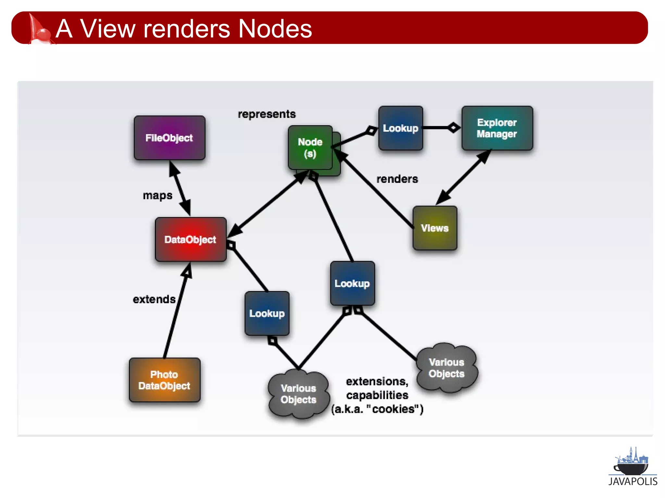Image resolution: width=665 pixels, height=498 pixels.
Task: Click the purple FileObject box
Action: (x=169, y=138)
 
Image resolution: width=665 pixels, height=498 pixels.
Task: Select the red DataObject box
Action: (x=191, y=239)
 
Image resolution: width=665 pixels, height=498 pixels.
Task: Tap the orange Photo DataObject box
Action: (x=164, y=380)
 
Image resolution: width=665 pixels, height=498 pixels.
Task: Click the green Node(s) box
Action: (x=310, y=148)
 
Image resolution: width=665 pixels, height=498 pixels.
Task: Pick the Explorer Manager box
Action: (x=497, y=128)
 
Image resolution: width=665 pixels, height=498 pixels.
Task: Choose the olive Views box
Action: (x=435, y=228)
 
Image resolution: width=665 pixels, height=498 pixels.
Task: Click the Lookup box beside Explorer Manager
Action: (x=401, y=128)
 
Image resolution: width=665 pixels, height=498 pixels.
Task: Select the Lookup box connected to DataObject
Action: (x=267, y=313)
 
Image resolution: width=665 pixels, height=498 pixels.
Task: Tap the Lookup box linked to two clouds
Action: (x=352, y=283)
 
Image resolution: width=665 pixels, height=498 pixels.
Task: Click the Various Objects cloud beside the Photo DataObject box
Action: (x=298, y=394)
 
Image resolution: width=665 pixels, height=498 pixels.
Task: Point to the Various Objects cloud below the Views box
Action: (x=446, y=368)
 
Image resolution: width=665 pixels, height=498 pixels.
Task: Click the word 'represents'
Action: (x=267, y=114)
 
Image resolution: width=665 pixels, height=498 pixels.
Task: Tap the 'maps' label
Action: (x=157, y=196)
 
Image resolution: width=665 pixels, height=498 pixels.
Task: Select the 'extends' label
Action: (x=154, y=299)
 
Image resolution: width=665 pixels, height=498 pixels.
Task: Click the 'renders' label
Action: (x=397, y=179)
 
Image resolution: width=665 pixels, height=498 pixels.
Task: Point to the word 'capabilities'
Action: (x=377, y=395)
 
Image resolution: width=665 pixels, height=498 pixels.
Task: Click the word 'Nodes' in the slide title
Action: (x=275, y=29)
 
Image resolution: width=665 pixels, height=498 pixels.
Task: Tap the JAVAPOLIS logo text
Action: (x=633, y=481)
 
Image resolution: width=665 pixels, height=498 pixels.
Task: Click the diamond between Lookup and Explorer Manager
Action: (x=454, y=127)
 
